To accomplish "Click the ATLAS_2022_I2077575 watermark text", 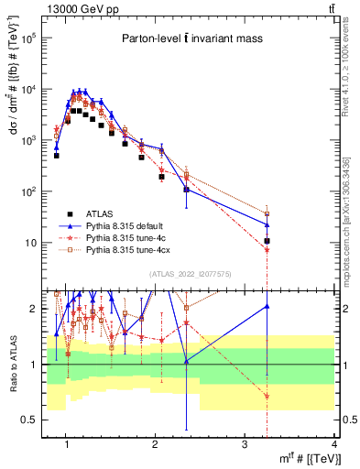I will click(190, 274).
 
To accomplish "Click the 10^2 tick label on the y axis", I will click(31, 192).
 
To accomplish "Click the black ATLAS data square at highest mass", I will click(267, 242).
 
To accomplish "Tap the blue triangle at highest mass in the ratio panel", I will click(267, 307).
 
